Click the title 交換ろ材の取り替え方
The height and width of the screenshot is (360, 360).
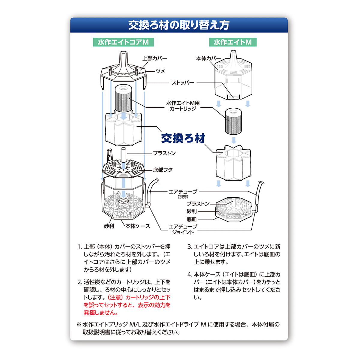pyautogui.click(x=179, y=25)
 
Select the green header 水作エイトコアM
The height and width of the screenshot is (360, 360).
pyautogui.click(x=123, y=42)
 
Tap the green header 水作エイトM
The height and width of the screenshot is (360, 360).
pyautogui.click(x=232, y=42)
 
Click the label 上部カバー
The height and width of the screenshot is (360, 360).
pyautogui.click(x=155, y=58)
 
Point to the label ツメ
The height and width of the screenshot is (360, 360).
pyautogui.click(x=160, y=71)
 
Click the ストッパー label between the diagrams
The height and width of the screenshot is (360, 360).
pyautogui.click(x=183, y=82)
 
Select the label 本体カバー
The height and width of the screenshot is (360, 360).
pyautogui.click(x=208, y=58)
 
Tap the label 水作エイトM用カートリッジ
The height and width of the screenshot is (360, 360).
pyautogui.click(x=183, y=106)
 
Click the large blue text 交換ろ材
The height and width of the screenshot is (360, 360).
pyautogui.click(x=183, y=138)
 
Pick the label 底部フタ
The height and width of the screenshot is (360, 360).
pyautogui.click(x=163, y=170)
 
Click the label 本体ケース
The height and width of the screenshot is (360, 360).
pyautogui.click(x=138, y=226)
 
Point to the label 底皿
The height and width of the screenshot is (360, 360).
pyautogui.click(x=192, y=219)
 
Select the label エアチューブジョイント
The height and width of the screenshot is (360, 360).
pyautogui.click(x=183, y=229)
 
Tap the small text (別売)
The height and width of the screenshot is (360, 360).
pyautogui.click(x=183, y=197)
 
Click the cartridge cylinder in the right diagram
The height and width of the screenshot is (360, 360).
pyautogui.click(x=233, y=121)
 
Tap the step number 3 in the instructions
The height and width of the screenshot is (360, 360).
pyautogui.click(x=189, y=247)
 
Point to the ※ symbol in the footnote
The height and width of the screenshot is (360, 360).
pyautogui.click(x=79, y=325)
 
